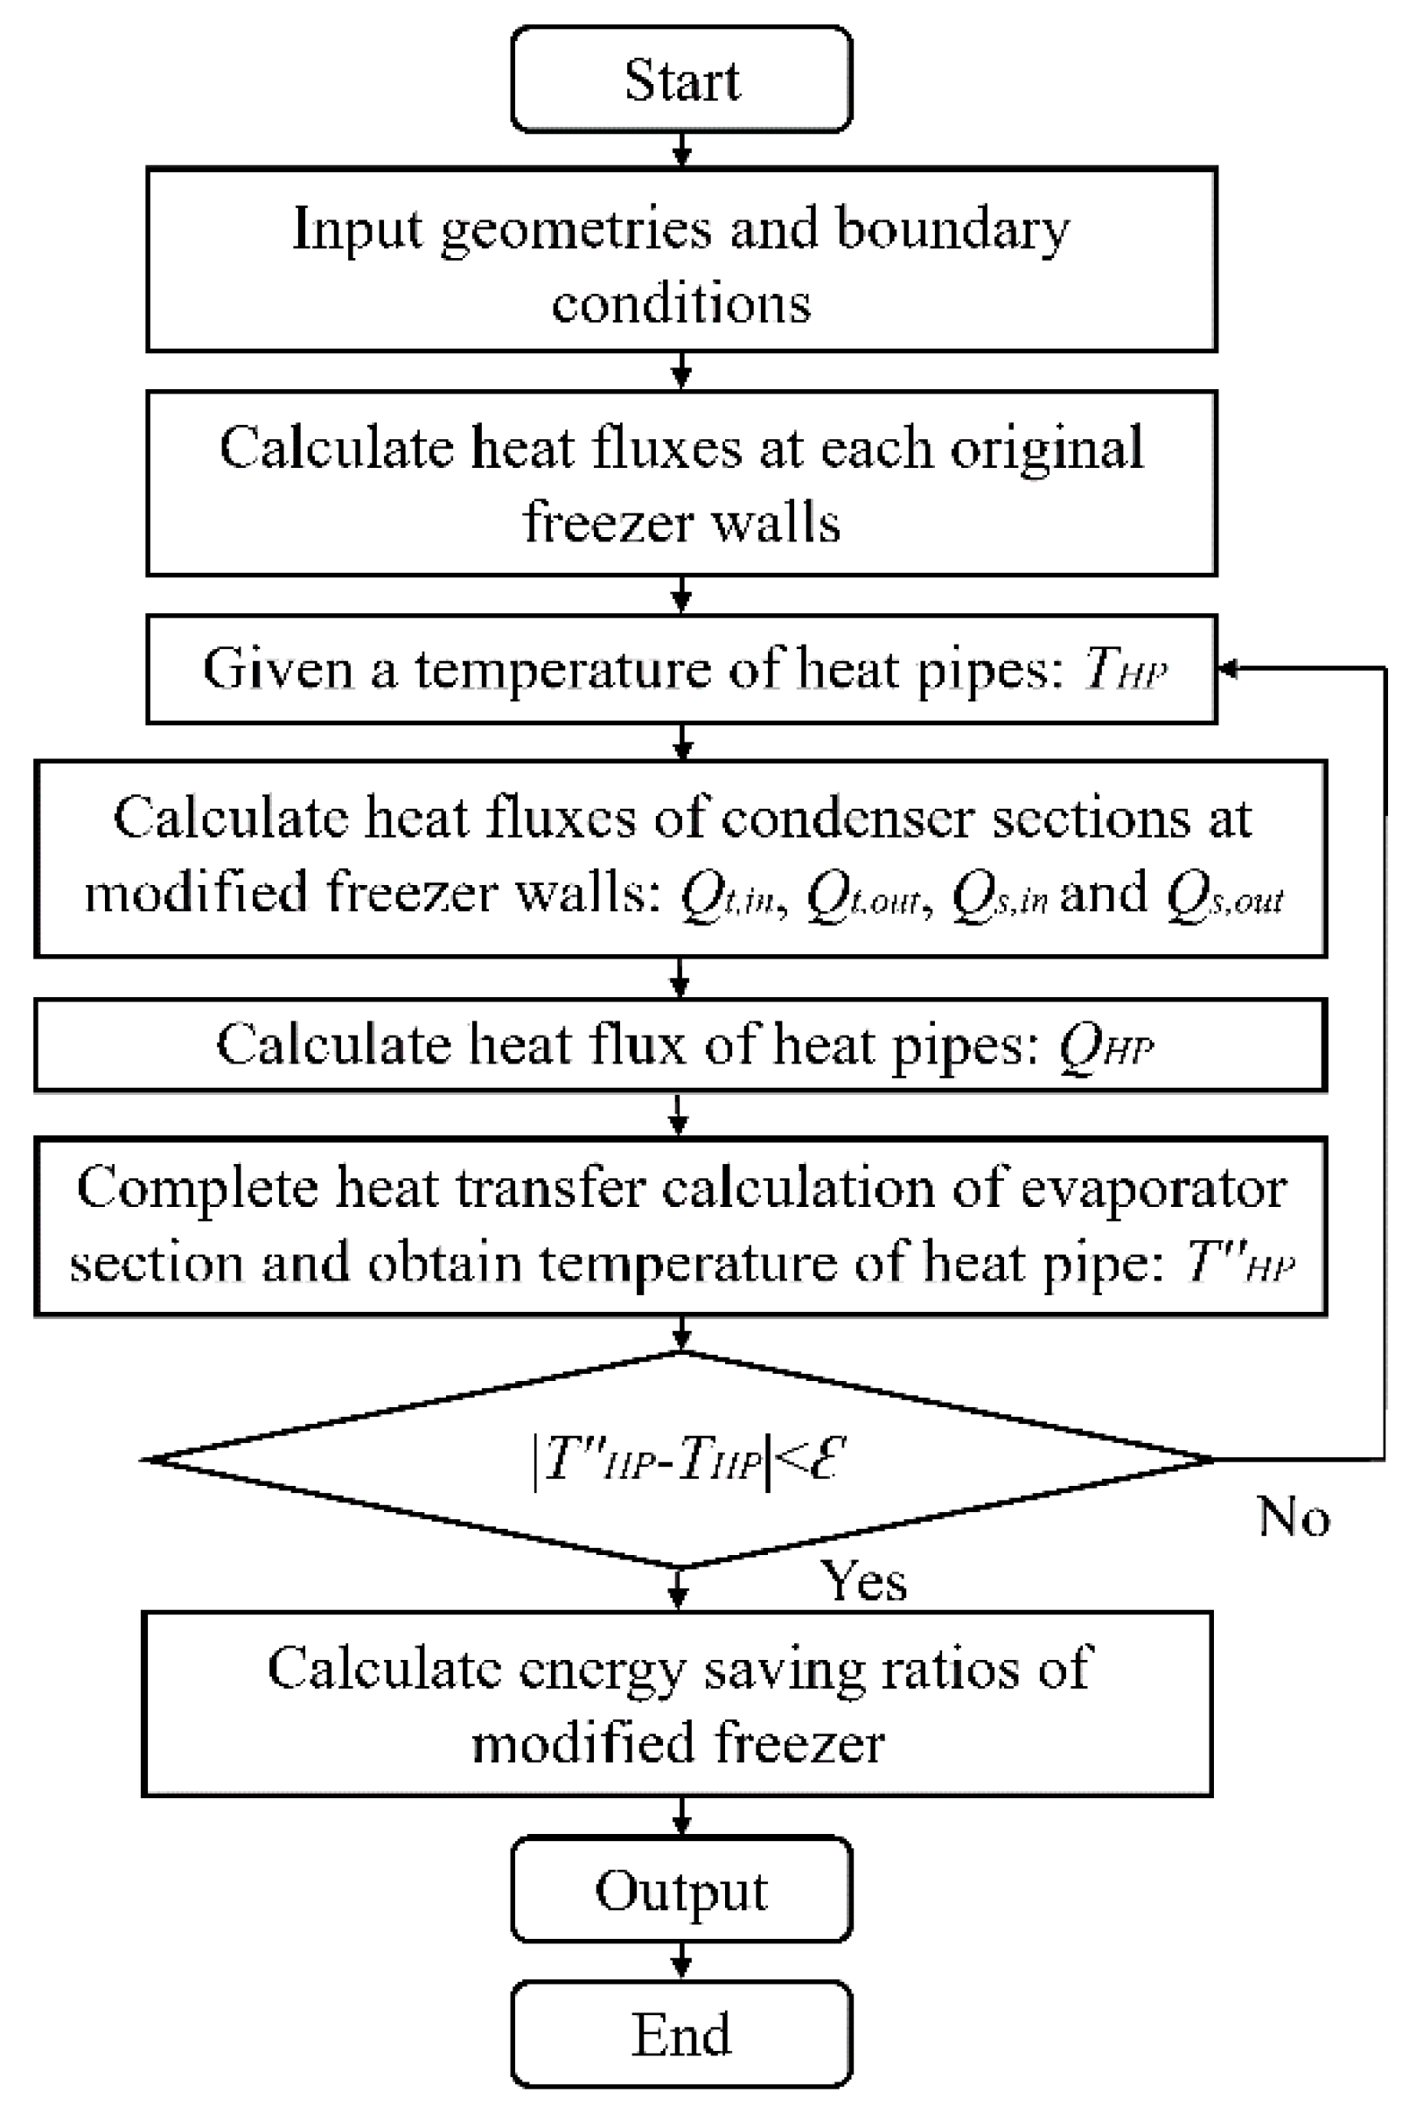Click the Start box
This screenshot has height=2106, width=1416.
681,80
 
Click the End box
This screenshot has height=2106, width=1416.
681,2033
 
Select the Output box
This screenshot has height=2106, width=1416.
681,1889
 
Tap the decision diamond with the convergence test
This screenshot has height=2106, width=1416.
681,1460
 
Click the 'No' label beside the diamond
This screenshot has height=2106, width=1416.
1294,1517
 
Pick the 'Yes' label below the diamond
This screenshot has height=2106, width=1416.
862,1581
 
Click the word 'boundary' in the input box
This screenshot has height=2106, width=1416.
952,229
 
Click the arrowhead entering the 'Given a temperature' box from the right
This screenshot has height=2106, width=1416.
1227,669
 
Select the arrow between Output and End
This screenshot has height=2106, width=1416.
681,1962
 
